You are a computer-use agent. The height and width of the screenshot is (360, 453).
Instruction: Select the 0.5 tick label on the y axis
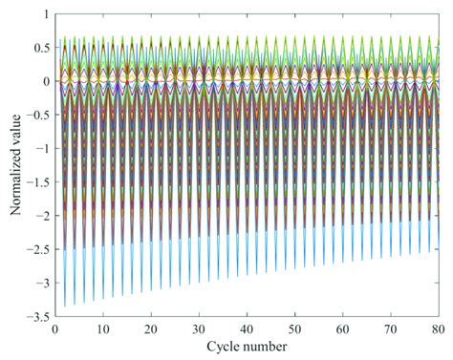point(38,48)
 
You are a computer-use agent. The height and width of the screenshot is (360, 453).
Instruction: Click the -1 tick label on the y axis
point(40,150)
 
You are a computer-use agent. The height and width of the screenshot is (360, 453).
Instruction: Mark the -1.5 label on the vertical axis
point(35,183)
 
